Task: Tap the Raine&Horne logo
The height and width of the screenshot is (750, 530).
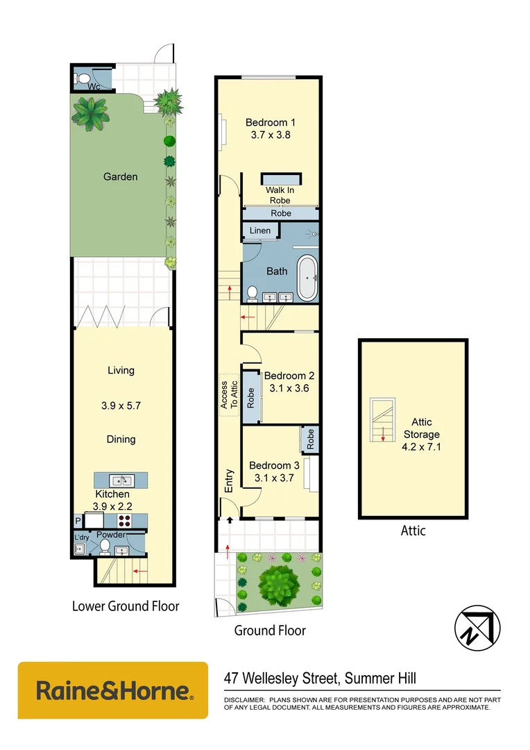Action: click(x=113, y=691)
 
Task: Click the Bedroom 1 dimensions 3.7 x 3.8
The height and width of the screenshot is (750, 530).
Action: click(x=268, y=135)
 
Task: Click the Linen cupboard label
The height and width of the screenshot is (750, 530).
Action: click(x=260, y=231)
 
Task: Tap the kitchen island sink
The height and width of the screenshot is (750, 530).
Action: click(x=121, y=480)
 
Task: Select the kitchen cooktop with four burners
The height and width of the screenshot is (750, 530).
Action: click(x=125, y=521)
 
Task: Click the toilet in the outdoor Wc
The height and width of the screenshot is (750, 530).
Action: click(x=82, y=78)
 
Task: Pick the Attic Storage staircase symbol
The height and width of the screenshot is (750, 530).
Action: click(x=382, y=421)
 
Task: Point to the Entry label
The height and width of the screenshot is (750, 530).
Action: click(x=229, y=481)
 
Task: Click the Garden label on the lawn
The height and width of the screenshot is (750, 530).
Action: click(x=120, y=176)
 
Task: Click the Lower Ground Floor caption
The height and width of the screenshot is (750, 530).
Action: click(x=126, y=606)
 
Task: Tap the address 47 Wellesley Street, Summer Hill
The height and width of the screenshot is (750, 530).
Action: click(x=320, y=678)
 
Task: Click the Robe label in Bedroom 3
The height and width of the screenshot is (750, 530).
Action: click(x=311, y=439)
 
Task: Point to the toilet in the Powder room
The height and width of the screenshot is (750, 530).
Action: click(x=105, y=549)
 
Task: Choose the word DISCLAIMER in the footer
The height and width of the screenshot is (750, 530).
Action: click(x=243, y=699)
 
